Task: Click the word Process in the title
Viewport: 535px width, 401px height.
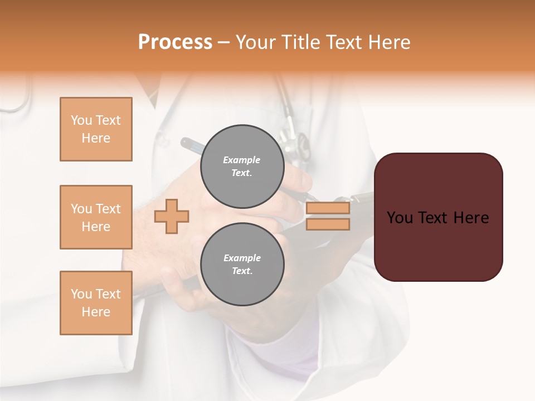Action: click(175, 42)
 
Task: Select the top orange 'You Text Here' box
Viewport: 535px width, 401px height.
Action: click(96, 129)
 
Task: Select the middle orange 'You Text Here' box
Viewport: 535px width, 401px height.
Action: click(96, 217)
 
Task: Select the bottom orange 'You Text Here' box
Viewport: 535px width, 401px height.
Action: click(96, 303)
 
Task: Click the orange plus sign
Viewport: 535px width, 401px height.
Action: click(172, 216)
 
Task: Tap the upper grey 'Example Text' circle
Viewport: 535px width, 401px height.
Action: click(242, 166)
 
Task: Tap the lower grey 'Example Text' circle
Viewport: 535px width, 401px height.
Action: click(242, 264)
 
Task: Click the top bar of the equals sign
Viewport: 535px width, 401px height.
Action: click(328, 208)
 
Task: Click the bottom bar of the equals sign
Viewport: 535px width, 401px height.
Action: click(328, 224)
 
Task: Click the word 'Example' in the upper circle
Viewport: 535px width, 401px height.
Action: click(241, 160)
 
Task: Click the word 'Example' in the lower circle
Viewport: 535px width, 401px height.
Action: click(242, 258)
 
